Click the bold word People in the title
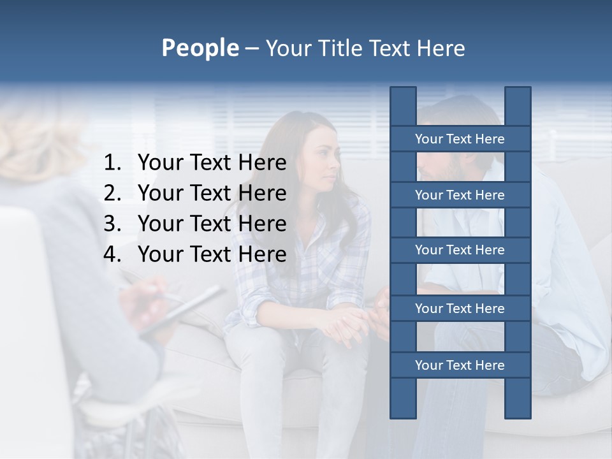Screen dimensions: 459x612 [x=200, y=48]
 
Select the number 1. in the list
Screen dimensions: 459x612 [x=112, y=163]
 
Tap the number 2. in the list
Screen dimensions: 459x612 [x=112, y=193]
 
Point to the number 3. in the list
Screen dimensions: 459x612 [x=112, y=224]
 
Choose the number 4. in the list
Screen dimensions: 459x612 [x=112, y=254]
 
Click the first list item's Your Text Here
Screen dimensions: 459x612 [x=212, y=163]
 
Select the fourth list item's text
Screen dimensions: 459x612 [x=212, y=254]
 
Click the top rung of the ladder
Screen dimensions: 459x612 [x=460, y=139]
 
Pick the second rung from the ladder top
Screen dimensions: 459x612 [x=460, y=195]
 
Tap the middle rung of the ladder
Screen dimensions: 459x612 [x=460, y=251]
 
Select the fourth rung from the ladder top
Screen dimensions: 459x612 [x=460, y=309]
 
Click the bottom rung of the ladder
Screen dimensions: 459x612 [x=460, y=365]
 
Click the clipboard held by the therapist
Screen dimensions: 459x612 [x=185, y=309]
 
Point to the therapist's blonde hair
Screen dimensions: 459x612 [x=38, y=147]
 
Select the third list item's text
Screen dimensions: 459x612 [x=212, y=224]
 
